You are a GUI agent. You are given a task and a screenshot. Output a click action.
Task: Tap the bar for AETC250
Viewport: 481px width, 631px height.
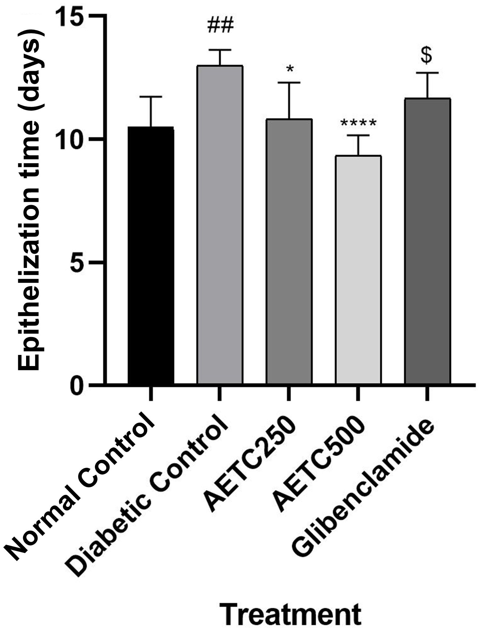[289, 251]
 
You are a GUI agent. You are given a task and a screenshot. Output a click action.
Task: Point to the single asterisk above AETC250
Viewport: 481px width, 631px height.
[289, 69]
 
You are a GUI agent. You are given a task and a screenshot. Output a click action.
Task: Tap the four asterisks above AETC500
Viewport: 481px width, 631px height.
[358, 123]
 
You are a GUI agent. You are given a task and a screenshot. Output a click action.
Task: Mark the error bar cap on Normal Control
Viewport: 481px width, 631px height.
[151, 97]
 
